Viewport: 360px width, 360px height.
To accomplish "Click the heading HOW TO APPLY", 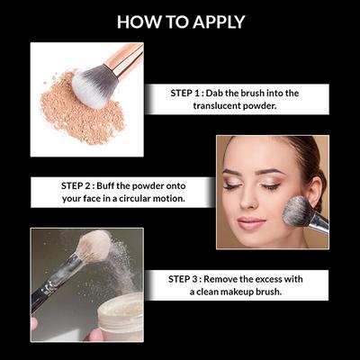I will (180, 22).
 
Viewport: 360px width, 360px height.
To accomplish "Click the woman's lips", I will (253, 221).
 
